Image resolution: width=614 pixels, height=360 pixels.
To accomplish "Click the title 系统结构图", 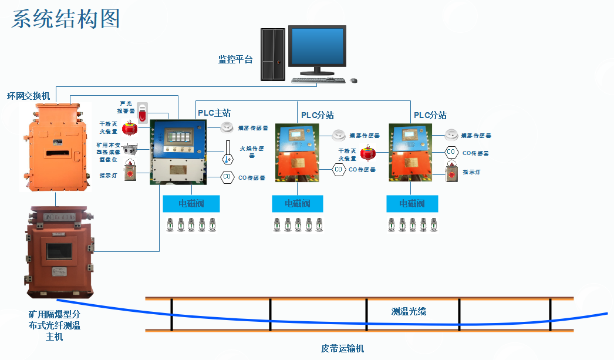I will [x=66, y=19].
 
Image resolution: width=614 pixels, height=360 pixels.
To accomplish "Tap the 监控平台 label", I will [x=235, y=59].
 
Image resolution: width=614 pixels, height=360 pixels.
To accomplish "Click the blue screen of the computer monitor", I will [x=317, y=48].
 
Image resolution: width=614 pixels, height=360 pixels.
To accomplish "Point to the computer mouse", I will [x=353, y=80].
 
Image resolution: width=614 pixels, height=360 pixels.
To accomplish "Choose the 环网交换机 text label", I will [x=28, y=95].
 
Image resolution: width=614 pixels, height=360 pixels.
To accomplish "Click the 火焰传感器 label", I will [x=251, y=152].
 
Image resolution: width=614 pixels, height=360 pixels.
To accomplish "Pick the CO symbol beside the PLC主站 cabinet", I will [x=227, y=176].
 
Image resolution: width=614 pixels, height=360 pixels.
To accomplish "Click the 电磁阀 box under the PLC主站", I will [x=191, y=204].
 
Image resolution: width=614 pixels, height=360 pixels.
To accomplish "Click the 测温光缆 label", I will [x=409, y=311].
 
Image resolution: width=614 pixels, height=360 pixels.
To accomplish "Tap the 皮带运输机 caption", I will [x=342, y=348].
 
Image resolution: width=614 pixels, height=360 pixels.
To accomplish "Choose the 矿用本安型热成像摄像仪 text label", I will [x=108, y=151].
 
